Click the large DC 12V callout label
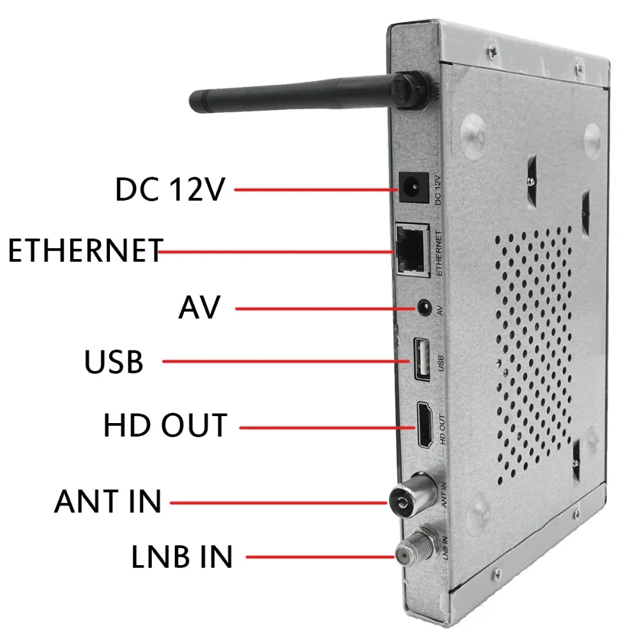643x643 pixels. pos(170,189)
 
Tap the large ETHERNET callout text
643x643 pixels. pos(86,250)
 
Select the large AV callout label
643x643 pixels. pos(200,307)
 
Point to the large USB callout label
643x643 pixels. pos(114,361)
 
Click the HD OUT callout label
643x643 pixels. pos(166,425)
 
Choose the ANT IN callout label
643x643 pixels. pos(107,501)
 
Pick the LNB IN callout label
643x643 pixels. pos(182,556)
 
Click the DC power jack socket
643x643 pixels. pos(413,188)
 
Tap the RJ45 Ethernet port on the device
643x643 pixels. pos(412,250)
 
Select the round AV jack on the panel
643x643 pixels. pos(424,307)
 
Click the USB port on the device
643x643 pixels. pos(422,359)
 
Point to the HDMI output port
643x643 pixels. pos(425,425)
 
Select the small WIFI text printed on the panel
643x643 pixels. pos(436,91)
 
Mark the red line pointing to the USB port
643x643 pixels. pos(286,361)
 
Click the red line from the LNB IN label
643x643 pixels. pos(320,556)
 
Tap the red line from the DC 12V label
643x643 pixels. pos(316,190)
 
